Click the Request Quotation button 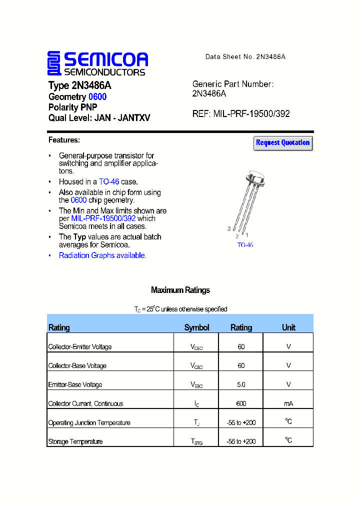283,143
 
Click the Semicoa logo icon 54,63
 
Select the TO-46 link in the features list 108,182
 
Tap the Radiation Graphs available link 102,255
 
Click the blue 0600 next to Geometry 97,97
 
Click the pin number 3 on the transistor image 229,229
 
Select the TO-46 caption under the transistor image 245,245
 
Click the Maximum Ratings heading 180,290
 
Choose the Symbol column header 196,327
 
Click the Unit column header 288,327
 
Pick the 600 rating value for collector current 241,403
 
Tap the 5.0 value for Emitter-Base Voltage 241,384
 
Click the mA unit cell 288,403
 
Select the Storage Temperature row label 75,442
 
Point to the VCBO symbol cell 196,366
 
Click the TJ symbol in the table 196,423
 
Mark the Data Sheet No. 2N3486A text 245,57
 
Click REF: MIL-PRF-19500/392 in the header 241,114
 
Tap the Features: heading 64,140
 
